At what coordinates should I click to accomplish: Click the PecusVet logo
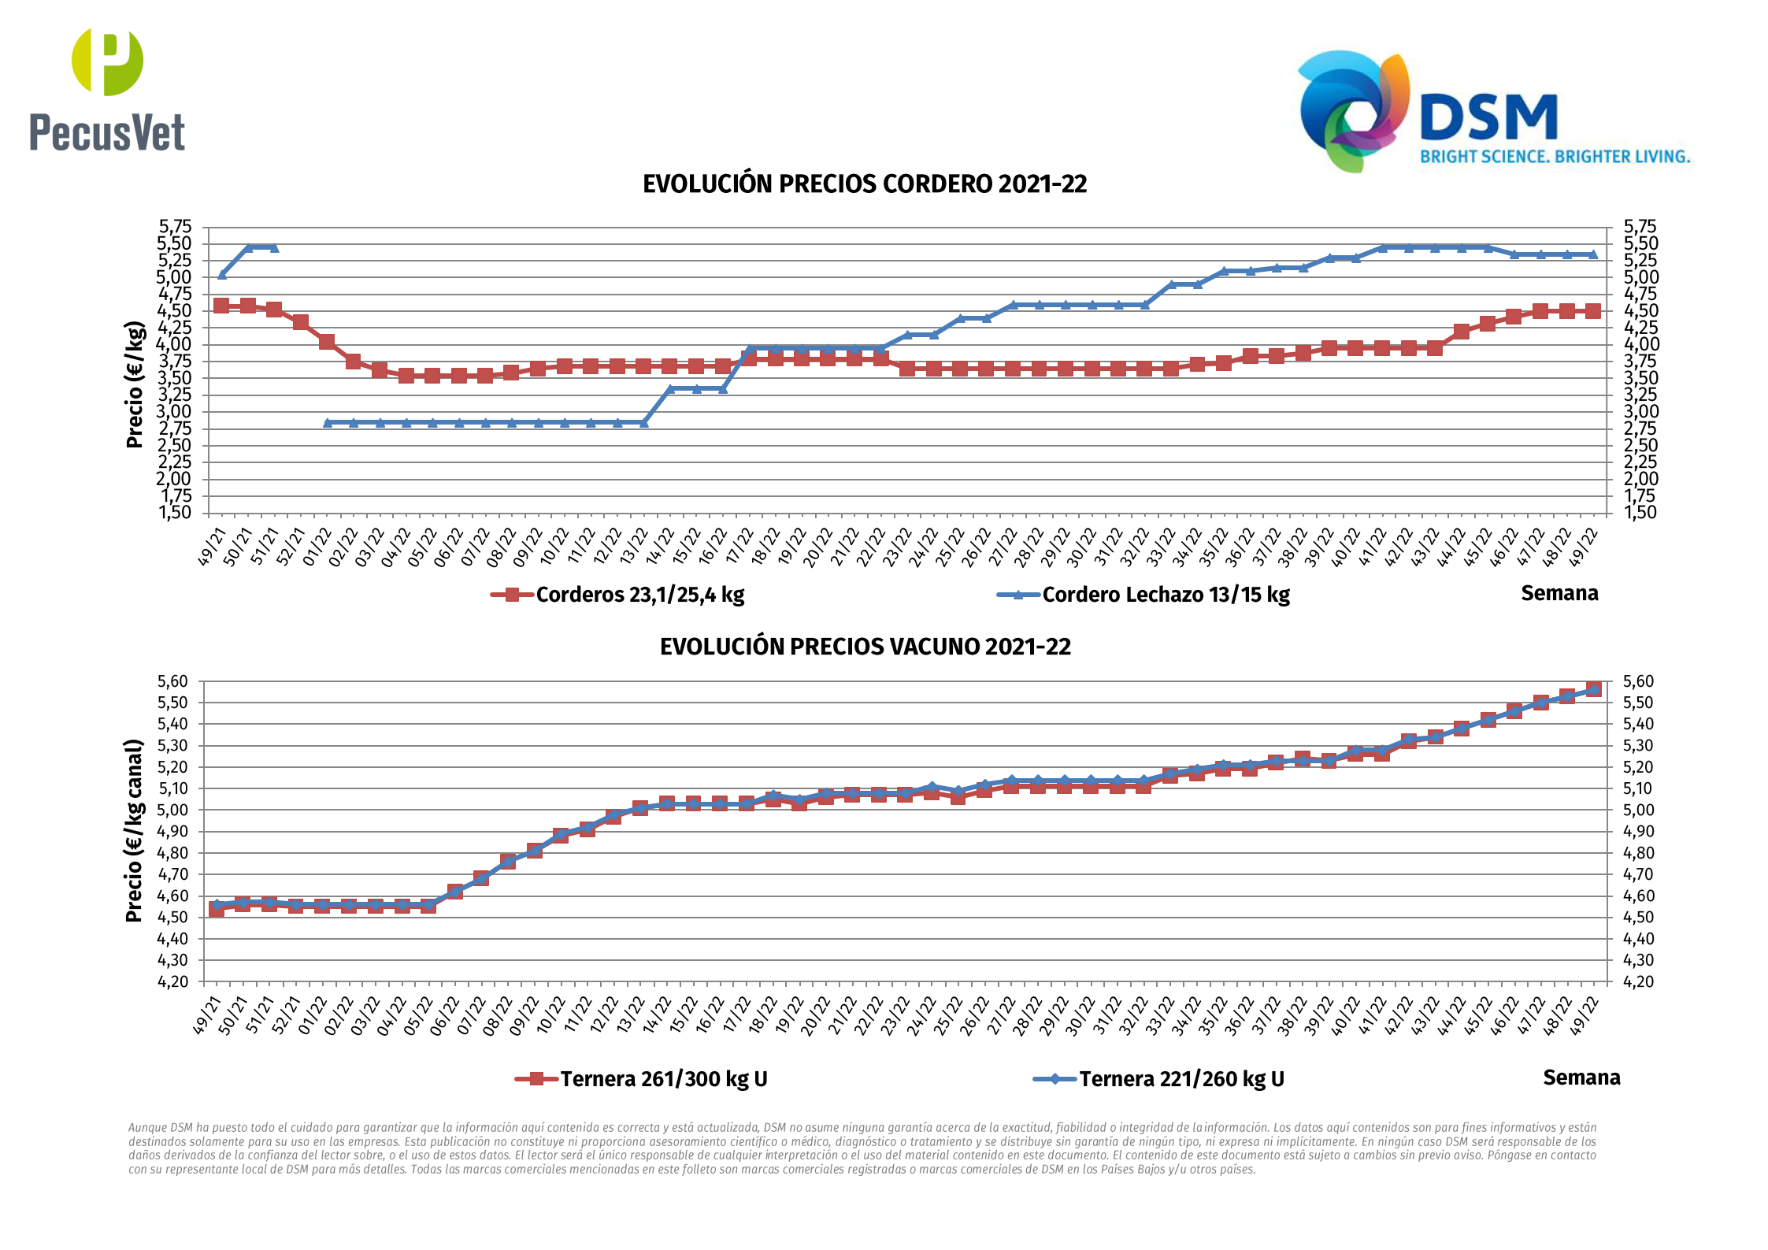coord(107,90)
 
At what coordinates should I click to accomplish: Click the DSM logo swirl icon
coord(1353,110)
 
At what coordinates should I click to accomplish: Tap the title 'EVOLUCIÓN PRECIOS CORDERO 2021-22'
coord(865,184)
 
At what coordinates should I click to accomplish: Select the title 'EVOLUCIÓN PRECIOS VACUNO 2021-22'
coord(865,647)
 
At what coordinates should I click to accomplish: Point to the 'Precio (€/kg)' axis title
coord(135,384)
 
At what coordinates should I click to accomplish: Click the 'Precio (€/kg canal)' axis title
coord(135,831)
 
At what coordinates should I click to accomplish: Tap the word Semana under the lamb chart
coord(1559,593)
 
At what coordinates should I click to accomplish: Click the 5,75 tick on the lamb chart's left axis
coord(175,227)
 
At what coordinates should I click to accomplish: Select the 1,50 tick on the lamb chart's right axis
coord(1640,513)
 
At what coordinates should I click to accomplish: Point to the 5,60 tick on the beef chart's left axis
coord(173,681)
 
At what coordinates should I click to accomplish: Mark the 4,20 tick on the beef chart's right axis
coord(1638,981)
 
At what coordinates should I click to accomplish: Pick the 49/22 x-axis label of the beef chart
coord(1585,1016)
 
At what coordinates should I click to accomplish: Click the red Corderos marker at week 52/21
coord(300,322)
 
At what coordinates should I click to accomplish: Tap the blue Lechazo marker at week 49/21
coord(222,274)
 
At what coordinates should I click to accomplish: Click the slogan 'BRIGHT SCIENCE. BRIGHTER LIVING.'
coord(1555,157)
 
